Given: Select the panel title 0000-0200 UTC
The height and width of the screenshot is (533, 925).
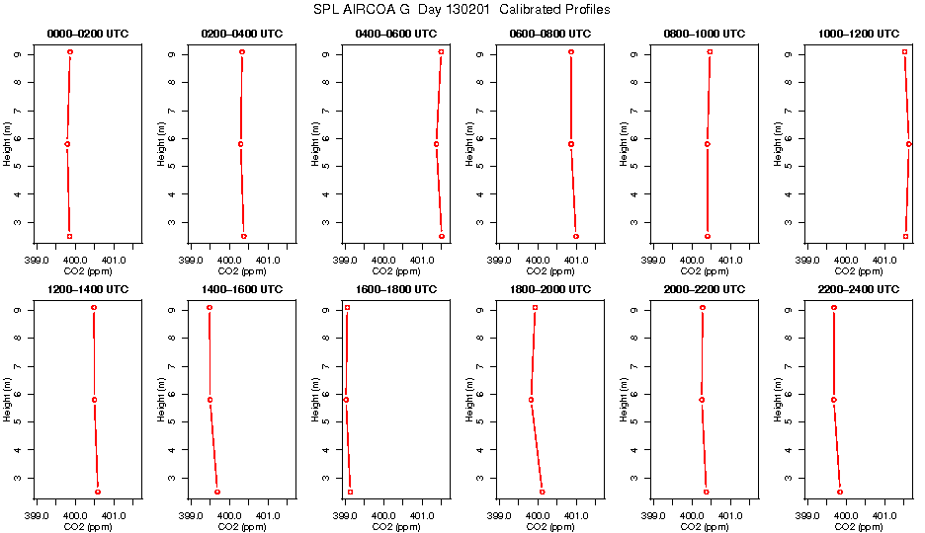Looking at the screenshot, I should pos(87,34).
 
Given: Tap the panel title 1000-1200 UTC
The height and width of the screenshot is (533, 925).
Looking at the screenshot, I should pos(858,34).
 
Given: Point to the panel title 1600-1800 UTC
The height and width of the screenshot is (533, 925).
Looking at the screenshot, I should pos(395,290).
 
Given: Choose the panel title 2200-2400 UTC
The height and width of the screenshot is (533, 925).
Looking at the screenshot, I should pos(858,290).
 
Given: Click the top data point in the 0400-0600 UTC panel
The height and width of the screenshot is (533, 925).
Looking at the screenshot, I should pos(441,51).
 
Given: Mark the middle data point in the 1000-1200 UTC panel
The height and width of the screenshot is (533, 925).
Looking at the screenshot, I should pos(909,144).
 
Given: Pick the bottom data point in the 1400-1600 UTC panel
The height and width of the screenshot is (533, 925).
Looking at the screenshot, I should pos(217,492).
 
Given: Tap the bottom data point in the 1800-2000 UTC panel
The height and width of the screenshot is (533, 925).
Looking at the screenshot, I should pos(543,492).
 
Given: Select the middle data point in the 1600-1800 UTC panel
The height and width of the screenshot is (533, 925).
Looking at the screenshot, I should pos(346,400).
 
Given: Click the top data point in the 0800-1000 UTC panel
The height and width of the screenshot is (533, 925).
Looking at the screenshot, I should pos(710,51).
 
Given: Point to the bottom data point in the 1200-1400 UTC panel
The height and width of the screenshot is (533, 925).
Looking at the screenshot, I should pos(97,492).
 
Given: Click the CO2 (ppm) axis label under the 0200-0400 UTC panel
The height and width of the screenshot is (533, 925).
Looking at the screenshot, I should pos(241,271).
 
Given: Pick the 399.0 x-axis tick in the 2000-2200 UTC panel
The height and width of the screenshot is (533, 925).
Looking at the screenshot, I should pos(653,516).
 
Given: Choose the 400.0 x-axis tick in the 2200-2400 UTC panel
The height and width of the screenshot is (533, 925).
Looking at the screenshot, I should pos(846,516).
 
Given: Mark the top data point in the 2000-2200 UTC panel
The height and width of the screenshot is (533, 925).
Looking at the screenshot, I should pos(703,308).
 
